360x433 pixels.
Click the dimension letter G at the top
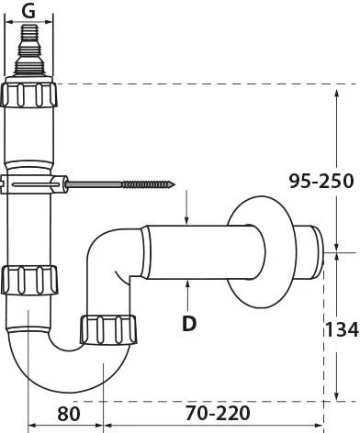coord(29,11)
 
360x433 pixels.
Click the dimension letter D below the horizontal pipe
coord(189,323)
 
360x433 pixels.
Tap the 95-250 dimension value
coord(321,181)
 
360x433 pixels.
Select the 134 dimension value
coord(342,329)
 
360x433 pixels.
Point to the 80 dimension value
coord(69,414)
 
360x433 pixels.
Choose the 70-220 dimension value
coord(218,413)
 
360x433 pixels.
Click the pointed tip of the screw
coord(174,184)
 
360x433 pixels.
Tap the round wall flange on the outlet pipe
coord(262,251)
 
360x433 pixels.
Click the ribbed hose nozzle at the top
coord(29,50)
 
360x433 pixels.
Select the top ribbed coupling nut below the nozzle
coord(28,94)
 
